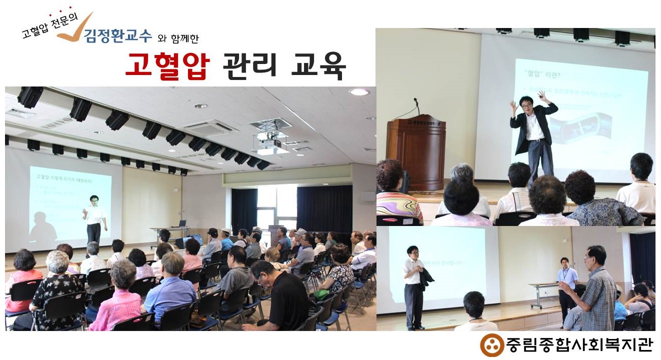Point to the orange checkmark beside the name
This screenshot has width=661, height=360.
coord(80,29)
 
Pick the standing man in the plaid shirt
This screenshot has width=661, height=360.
coord(598,290)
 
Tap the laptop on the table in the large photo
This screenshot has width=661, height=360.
coord(182,223)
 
